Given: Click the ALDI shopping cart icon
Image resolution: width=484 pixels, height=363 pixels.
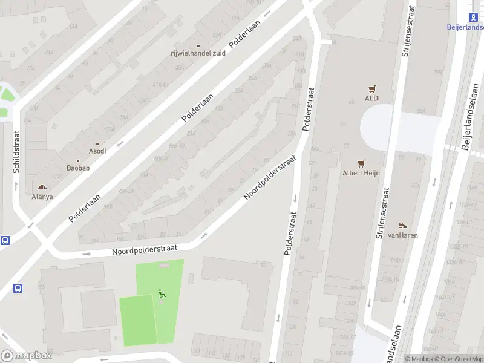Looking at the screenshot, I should coord(372,88).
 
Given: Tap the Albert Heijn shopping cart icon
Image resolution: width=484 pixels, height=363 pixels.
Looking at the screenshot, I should coord(362,163).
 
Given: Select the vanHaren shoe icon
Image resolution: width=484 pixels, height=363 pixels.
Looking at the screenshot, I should coord(404,226).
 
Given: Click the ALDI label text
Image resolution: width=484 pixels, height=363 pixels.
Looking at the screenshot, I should coord(372,98).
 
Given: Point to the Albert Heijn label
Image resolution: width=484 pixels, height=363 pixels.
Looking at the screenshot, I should coord(362,173).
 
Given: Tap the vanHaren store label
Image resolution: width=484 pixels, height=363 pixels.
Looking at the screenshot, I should coord(404,235).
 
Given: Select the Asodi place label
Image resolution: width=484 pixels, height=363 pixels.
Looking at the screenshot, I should coord(97,151).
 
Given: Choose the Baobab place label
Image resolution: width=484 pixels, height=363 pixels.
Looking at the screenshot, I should coord(78,168).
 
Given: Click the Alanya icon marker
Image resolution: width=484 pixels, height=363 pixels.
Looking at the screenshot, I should coord(42,188).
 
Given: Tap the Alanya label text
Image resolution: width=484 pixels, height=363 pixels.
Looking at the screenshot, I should coord(42,197).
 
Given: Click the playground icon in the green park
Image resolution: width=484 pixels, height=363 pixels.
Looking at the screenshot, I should coord(162,293).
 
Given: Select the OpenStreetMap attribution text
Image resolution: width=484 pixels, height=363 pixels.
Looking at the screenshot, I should coord(459,359).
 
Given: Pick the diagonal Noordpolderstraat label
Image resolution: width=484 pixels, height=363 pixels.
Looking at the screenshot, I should coord(270,179).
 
